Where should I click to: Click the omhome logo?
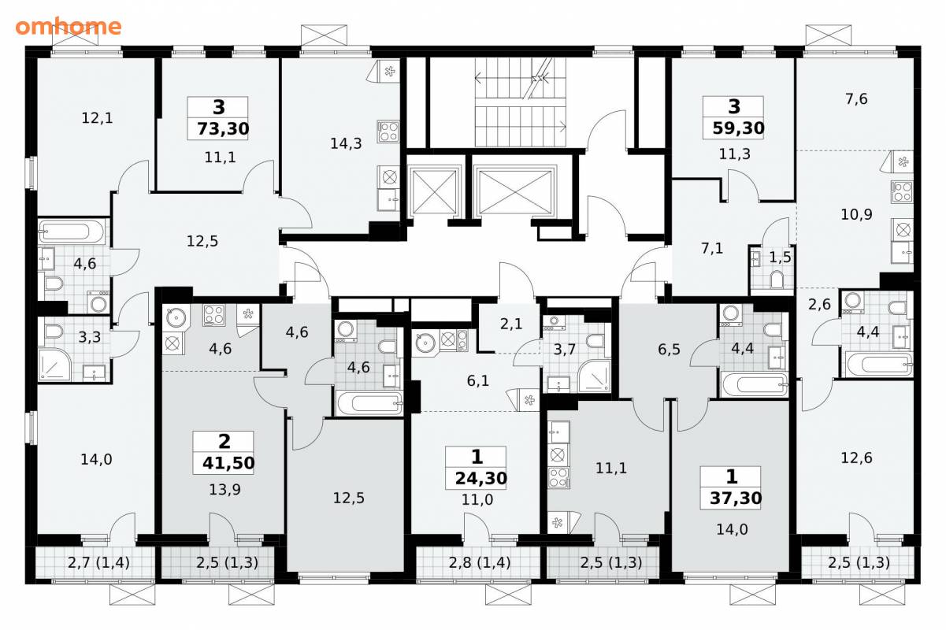(69, 27)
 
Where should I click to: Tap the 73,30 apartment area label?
(223, 128)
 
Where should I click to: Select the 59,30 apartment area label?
(738, 128)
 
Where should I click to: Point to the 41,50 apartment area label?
(228, 463)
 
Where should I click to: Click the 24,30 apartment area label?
(481, 478)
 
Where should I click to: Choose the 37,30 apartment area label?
(736, 498)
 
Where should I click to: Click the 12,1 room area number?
(97, 118)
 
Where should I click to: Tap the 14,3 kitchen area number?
(346, 143)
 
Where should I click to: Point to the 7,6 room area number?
(856, 98)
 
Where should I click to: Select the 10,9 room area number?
(856, 214)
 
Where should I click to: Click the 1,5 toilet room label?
(780, 258)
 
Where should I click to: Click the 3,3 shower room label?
(90, 337)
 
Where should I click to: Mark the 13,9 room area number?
(224, 489)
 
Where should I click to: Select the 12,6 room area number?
(856, 458)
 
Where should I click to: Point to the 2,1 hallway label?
(511, 324)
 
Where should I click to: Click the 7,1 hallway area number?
(712, 248)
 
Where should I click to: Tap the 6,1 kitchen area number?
(478, 381)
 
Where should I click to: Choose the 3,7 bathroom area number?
(565, 350)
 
